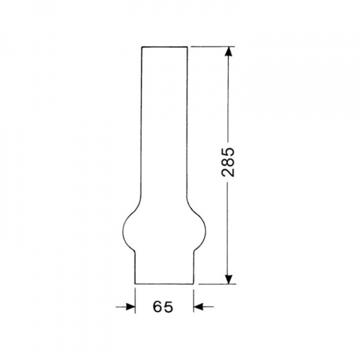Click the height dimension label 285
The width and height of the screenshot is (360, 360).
228,162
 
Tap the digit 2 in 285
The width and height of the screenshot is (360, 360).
228,171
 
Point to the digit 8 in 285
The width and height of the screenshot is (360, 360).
228,162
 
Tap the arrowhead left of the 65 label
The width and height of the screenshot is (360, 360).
130,306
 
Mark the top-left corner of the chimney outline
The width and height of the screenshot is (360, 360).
142,47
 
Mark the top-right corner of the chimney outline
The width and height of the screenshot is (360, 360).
188,47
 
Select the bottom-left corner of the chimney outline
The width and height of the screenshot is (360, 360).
135,284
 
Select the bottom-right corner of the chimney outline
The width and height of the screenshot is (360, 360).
193,284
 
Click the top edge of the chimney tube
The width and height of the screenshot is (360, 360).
165,47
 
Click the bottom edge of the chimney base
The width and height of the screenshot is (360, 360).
164,284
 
